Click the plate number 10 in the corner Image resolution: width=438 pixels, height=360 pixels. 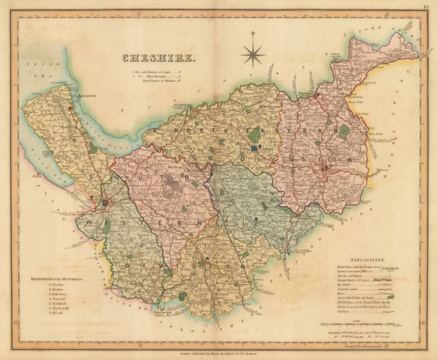tap(426, 9)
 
